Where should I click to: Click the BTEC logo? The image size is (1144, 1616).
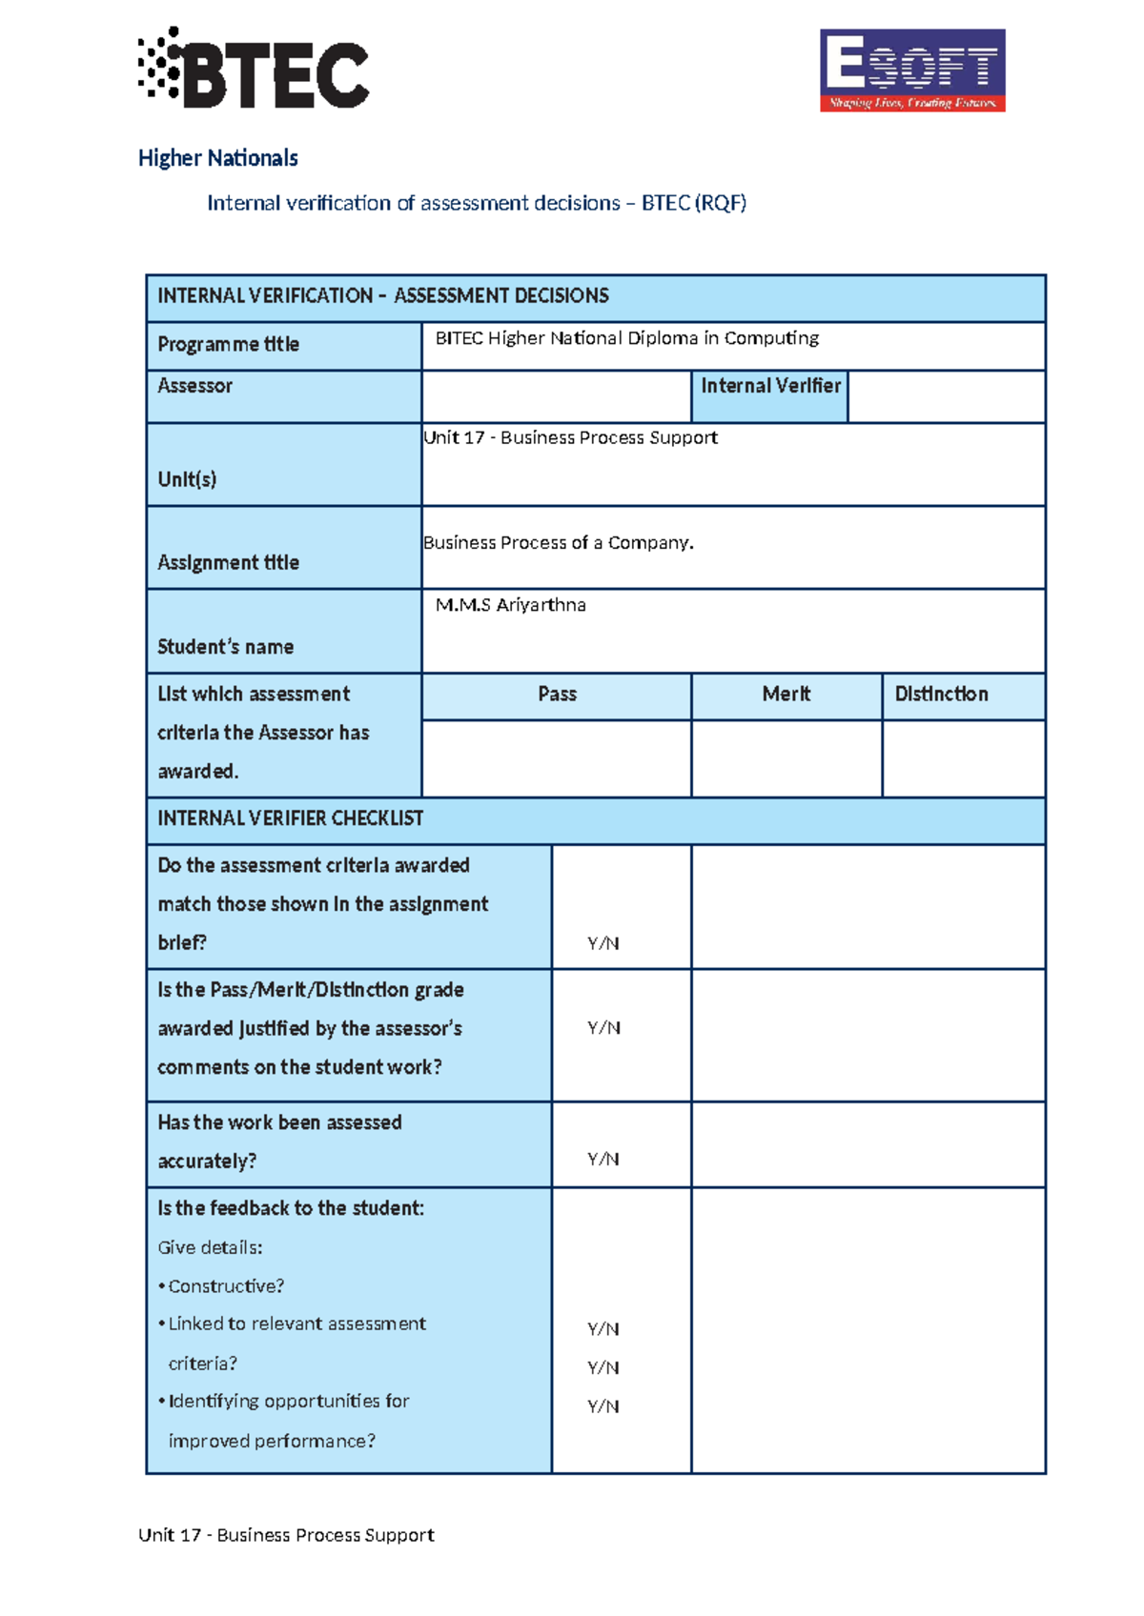[254, 69]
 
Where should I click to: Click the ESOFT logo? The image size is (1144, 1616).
[912, 71]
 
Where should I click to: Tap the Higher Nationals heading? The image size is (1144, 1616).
[217, 158]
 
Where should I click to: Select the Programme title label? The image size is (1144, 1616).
[228, 344]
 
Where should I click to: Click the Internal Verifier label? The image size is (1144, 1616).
[770, 386]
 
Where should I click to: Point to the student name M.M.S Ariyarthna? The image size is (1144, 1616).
[510, 605]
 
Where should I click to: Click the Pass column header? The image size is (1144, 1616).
[557, 695]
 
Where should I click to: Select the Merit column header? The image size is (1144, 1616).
[786, 695]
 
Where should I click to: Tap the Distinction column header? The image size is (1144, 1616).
[941, 695]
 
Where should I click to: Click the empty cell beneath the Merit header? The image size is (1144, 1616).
[786, 758]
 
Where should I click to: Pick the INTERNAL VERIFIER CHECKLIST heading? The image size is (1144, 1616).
[290, 818]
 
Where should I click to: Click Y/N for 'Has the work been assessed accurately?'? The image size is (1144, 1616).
[603, 1160]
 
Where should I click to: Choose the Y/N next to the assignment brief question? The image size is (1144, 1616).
[603, 943]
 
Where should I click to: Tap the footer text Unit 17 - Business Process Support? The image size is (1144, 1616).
[286, 1535]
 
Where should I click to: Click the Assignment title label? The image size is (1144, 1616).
[228, 563]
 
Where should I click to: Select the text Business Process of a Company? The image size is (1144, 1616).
[558, 543]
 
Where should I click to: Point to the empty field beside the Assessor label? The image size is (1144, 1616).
[556, 396]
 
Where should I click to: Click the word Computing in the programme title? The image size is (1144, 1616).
[771, 338]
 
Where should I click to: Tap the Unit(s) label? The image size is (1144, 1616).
[187, 479]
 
